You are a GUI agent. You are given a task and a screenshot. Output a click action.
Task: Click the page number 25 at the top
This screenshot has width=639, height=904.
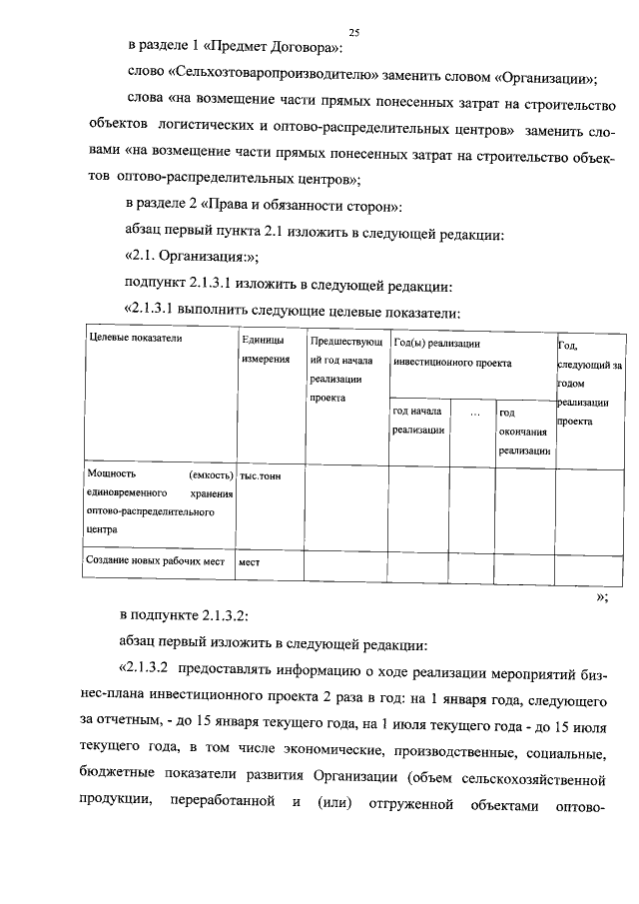[353, 33]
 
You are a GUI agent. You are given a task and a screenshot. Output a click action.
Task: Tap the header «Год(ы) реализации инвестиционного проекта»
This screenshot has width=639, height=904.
[452, 353]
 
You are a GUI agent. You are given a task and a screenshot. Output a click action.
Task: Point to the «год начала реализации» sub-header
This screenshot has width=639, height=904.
[417, 421]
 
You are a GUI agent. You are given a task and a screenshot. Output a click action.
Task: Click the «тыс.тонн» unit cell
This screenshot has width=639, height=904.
[260, 476]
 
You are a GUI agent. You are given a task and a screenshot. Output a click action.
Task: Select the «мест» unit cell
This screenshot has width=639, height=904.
[249, 562]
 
